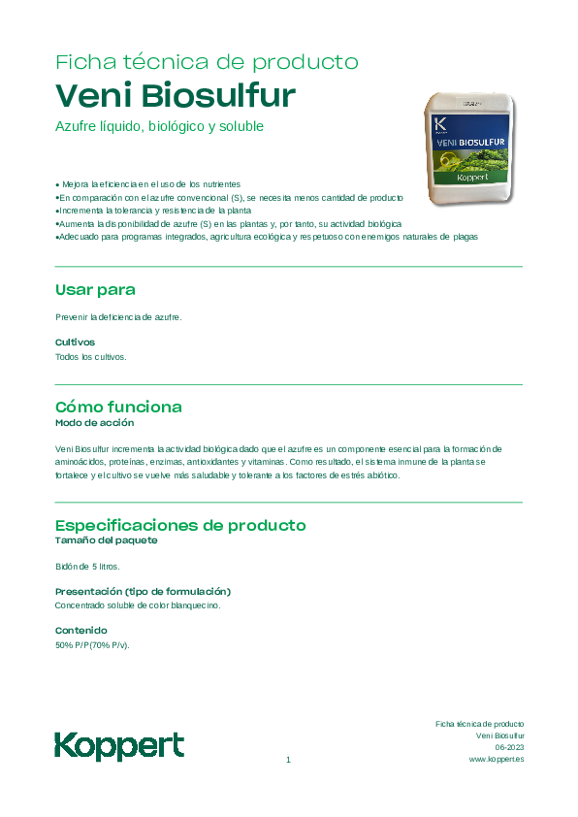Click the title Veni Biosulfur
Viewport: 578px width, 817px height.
tap(176, 97)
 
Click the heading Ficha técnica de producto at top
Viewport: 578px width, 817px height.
tap(207, 62)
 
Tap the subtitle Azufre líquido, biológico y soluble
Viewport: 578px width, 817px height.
tap(160, 127)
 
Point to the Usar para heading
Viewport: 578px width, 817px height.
tap(95, 290)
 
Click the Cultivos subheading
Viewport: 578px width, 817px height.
tap(75, 342)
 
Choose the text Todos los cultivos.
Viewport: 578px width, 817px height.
tap(91, 357)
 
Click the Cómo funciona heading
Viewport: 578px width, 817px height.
tap(118, 407)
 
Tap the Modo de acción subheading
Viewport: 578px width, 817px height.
tap(94, 423)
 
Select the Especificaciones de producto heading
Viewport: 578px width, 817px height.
tap(180, 526)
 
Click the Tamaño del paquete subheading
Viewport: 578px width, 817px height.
tap(106, 540)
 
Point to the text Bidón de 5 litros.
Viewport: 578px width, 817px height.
tap(87, 566)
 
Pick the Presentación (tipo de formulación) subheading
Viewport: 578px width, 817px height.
tap(143, 591)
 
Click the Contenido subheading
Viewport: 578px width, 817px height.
tap(80, 631)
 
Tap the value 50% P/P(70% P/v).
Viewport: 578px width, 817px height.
tap(92, 645)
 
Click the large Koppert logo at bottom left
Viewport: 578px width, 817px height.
tap(119, 746)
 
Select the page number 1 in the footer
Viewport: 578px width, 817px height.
tap(289, 760)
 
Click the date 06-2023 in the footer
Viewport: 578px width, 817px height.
tap(509, 748)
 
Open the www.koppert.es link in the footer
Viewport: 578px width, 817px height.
tap(497, 760)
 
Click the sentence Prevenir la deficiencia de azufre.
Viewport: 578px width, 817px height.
tap(118, 316)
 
